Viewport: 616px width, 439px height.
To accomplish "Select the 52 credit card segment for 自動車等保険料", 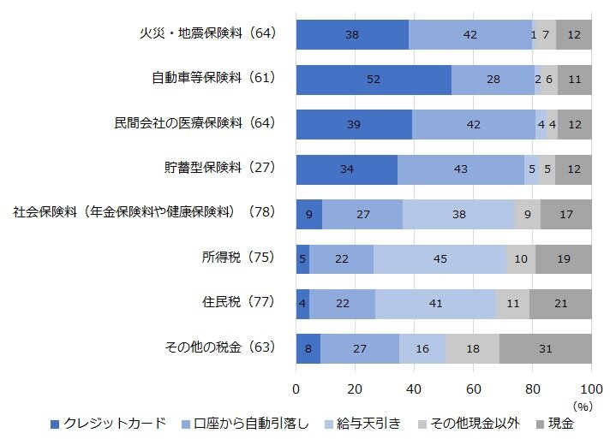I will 374,79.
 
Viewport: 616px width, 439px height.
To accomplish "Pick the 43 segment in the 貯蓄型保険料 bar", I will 461,169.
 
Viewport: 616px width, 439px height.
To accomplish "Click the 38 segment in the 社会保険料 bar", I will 458,213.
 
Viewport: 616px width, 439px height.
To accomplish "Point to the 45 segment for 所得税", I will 440,258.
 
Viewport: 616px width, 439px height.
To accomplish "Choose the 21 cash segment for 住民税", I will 560,303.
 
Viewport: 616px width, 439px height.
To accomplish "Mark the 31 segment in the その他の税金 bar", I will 546,347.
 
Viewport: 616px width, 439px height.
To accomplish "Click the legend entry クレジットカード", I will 111,424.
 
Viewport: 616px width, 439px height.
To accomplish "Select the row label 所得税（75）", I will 235,258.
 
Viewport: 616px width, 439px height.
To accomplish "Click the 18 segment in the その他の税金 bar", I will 472,347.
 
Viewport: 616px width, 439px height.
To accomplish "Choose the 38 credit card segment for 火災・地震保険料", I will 352,33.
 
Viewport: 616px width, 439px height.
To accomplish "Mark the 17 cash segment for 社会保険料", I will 565,213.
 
